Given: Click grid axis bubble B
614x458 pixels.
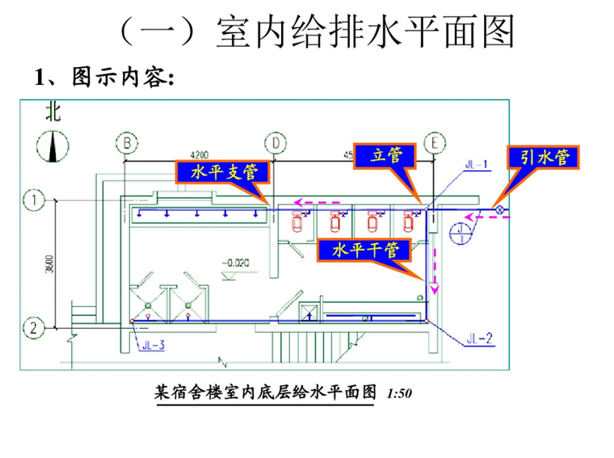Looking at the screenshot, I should click(127, 143).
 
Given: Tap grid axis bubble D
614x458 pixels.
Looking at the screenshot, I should click(277, 143).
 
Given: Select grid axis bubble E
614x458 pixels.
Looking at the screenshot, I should click(435, 143).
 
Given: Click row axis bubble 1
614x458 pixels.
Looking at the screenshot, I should click(34, 198).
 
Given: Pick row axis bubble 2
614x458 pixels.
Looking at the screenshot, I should click(34, 328).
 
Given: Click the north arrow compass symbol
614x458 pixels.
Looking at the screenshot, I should click(52, 146).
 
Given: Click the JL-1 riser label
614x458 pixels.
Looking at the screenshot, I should click(477, 166).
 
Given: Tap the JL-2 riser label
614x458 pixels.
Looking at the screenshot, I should click(479, 338).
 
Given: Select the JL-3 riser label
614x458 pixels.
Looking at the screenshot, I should click(153, 346).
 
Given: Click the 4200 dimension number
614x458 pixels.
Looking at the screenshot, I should click(199, 153).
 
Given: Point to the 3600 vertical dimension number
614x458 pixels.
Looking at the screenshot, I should click(49, 263).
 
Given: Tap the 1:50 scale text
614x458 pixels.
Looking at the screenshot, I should click(400, 394).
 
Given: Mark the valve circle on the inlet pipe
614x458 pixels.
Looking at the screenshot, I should click(500, 211).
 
